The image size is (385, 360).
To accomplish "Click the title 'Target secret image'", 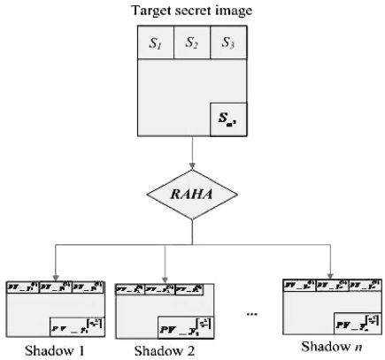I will (x=192, y=11).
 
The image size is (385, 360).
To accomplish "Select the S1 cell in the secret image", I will (x=156, y=42).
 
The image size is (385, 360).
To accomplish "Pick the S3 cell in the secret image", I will (x=227, y=42).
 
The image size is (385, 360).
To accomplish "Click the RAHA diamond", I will (x=192, y=194).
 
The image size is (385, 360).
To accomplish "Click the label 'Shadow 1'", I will (x=55, y=349).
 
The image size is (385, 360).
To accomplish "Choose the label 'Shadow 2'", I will (x=166, y=350).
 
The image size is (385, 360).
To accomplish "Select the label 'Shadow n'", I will (x=329, y=345).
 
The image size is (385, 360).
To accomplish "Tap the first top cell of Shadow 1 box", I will (x=23, y=287).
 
